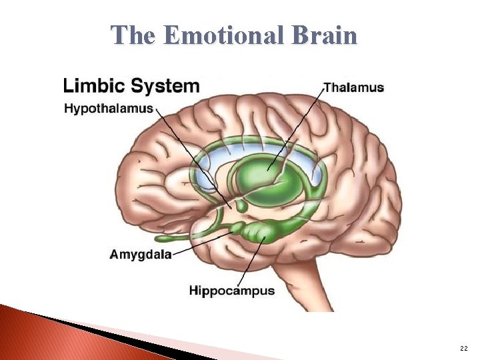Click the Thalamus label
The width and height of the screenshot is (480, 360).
coord(353,87)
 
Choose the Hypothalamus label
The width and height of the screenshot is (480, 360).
coord(109,109)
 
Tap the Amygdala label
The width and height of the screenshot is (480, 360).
coord(141,254)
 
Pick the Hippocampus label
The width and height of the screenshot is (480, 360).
coord(232,291)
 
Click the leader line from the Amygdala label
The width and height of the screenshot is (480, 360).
coord(200,243)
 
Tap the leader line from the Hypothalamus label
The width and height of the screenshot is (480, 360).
coord(193,160)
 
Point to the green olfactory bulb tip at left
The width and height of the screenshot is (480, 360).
coord(163,238)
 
